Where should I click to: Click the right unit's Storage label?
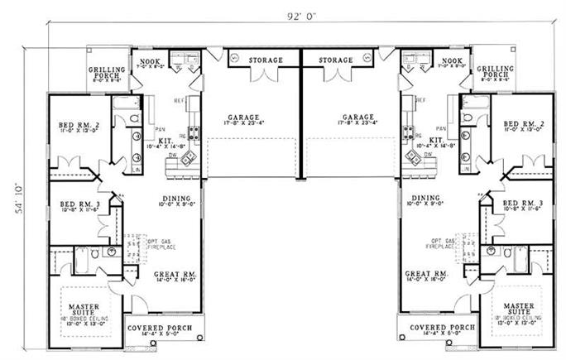pyautogui.click(x=337, y=60)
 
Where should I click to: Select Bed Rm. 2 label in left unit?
pyautogui.click(x=78, y=126)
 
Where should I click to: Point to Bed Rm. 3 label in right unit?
pyautogui.click(x=521, y=203)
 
